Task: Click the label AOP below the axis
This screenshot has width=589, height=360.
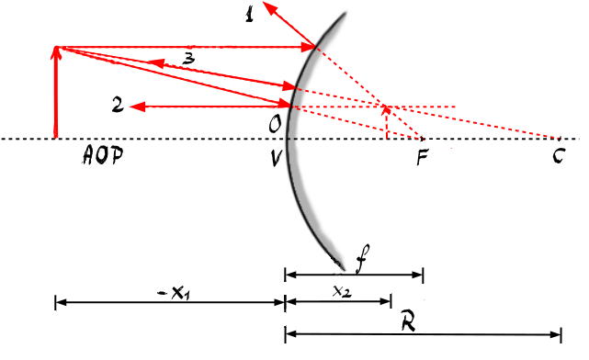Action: [x=103, y=154]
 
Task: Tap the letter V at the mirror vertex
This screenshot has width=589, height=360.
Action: [x=276, y=158]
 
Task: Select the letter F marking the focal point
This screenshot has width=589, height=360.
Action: [x=422, y=157]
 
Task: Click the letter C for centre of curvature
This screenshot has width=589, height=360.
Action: [x=559, y=155]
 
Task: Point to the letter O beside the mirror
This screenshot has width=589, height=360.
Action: [x=275, y=124]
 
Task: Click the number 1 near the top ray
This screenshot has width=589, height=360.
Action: [x=249, y=15]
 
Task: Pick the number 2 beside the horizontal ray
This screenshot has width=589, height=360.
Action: [x=118, y=105]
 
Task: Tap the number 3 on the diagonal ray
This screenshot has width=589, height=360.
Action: [x=189, y=59]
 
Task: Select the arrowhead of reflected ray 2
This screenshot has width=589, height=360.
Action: [x=137, y=107]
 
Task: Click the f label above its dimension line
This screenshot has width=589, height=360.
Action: [x=362, y=258]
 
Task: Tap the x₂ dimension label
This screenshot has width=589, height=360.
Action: [x=342, y=291]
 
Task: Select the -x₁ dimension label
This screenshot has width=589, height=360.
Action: [x=175, y=293]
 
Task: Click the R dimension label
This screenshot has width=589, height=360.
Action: [x=409, y=320]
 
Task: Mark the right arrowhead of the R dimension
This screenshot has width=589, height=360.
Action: [x=556, y=334]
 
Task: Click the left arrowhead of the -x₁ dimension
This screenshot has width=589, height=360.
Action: [x=61, y=302]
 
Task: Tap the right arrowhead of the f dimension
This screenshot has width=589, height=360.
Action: [x=418, y=275]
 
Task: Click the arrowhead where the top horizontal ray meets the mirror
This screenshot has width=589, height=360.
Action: [x=308, y=48]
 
